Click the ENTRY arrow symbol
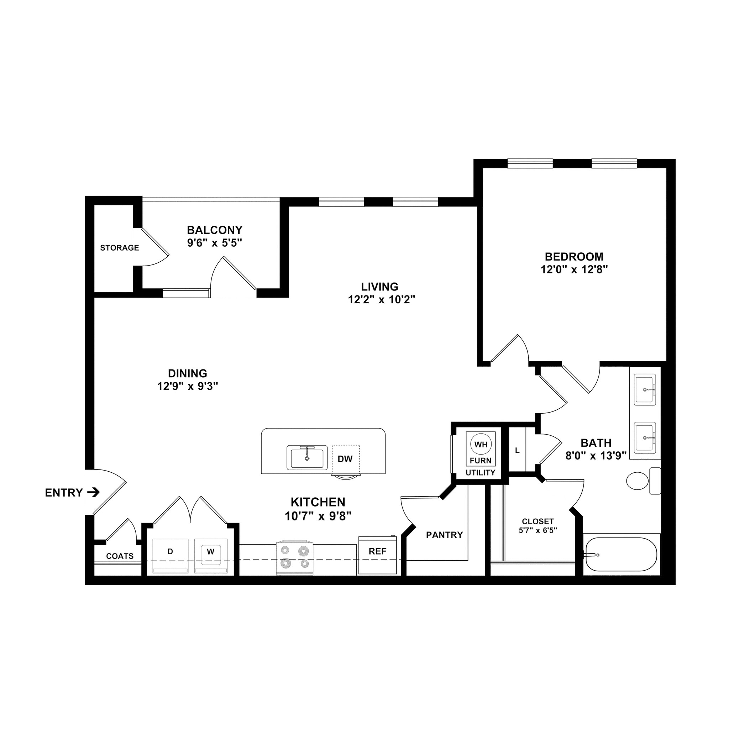click(x=93, y=492)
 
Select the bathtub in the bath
click(x=621, y=554)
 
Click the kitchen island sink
click(x=307, y=457)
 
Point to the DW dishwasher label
click(x=345, y=459)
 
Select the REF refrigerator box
click(x=377, y=552)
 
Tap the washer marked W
click(x=211, y=552)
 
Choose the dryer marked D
click(x=170, y=552)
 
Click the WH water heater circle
click(x=481, y=445)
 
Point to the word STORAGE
click(x=119, y=248)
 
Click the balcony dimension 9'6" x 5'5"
click(x=214, y=243)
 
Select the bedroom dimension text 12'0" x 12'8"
click(x=574, y=269)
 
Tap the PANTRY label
click(x=444, y=535)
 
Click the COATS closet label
click(x=120, y=556)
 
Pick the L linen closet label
click(x=517, y=451)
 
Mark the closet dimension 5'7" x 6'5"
click(x=538, y=530)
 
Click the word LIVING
click(x=379, y=287)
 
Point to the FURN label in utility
click(x=480, y=460)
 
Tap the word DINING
click(x=188, y=373)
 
